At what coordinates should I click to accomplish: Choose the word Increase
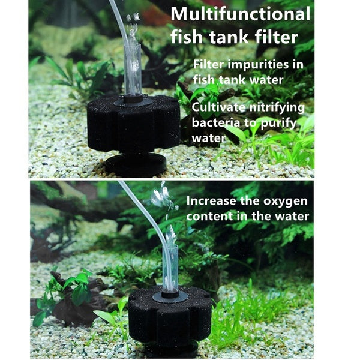pos(211,201)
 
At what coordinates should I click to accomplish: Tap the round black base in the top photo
pos(136,163)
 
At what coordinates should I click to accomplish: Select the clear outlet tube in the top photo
pos(134,69)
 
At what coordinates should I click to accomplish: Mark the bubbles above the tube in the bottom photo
pos(162,197)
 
